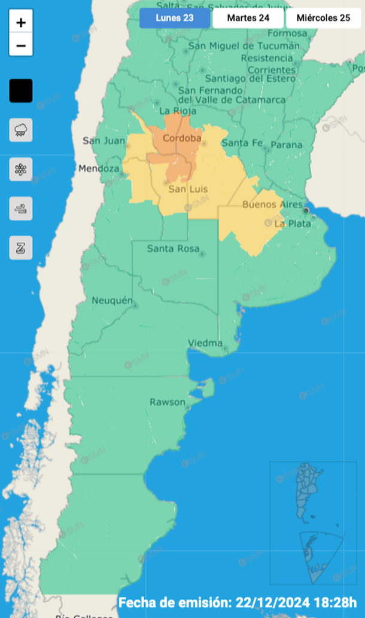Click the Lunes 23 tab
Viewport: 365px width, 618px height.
[175, 18]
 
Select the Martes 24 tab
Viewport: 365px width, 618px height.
[248, 18]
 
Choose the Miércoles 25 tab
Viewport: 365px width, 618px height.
[323, 18]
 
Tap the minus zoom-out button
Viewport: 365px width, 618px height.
[21, 45]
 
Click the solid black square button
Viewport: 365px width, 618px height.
[21, 91]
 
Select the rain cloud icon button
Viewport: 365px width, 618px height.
[21, 130]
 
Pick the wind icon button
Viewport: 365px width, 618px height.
[21, 209]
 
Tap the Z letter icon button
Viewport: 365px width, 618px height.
[21, 247]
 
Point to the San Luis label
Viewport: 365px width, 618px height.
[188, 189]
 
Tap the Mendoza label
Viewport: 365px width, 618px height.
[99, 169]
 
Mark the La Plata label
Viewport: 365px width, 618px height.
[293, 224]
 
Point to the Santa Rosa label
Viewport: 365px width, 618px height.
[173, 249]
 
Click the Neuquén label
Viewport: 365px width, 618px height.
[112, 301]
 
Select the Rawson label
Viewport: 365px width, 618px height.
[168, 402]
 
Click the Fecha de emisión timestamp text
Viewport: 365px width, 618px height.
[238, 602]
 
